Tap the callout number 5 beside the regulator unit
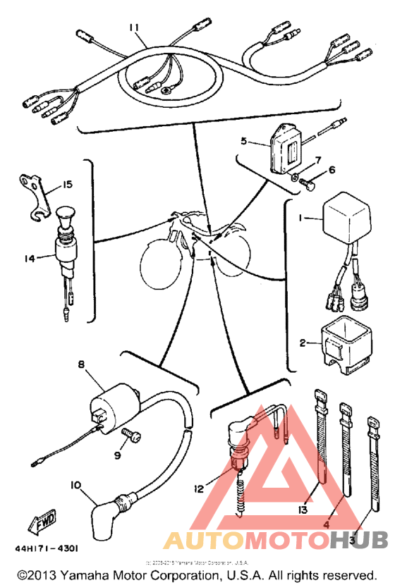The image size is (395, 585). [243, 140]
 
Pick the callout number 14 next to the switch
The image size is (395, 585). [29, 259]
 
